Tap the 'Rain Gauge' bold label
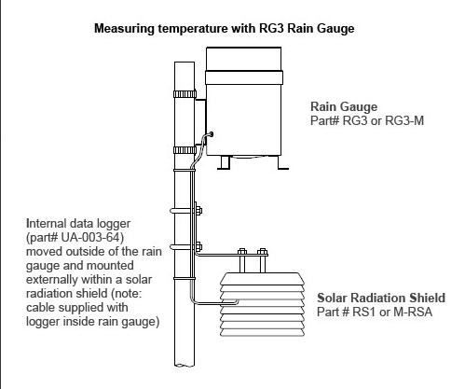pos(344,106)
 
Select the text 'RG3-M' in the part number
pos(404,120)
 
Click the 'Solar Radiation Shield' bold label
pos(381,298)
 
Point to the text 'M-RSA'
pos(413,312)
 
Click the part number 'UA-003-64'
pos(90,237)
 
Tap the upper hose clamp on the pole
pos(185,94)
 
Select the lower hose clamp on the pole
pos(185,150)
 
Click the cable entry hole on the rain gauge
pos(212,134)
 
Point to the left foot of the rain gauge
pos(224,162)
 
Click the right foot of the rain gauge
pos(282,162)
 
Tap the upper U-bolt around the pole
pos(185,211)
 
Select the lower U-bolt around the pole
pos(185,247)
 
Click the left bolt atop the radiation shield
pos(242,260)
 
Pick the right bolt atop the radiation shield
pos(263,260)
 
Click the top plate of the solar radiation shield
pos(262,279)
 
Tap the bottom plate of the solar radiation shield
pos(262,333)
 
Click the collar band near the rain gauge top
pos(244,77)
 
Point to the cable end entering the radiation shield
pos(237,301)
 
